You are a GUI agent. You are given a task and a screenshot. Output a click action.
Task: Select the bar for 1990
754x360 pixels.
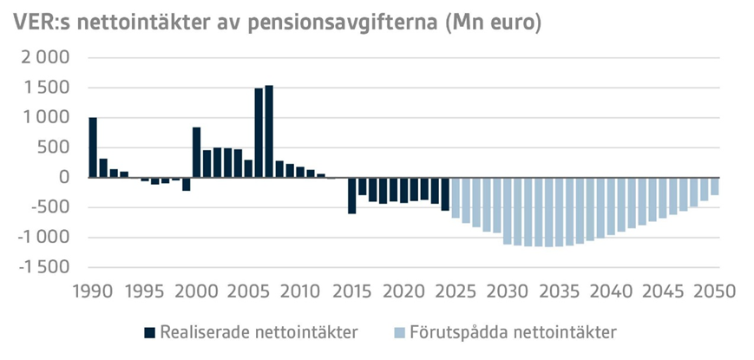(93, 147)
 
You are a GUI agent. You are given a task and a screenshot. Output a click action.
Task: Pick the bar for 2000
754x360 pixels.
(197, 153)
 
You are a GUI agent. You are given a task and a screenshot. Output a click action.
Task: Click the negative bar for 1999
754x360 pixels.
(187, 184)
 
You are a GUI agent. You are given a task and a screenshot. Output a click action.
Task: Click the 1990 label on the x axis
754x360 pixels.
(93, 291)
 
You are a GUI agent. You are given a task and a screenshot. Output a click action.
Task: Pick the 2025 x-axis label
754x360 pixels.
(456, 291)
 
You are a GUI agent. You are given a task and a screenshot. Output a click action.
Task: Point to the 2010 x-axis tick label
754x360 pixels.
(300, 291)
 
